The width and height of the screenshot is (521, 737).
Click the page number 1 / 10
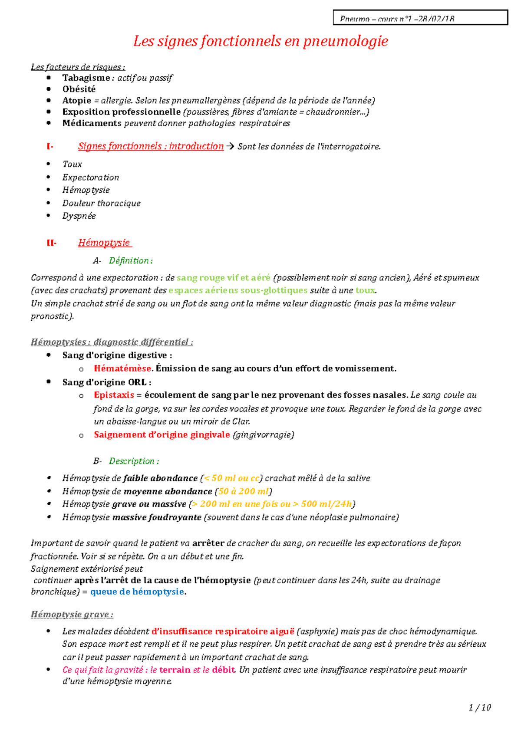(480, 707)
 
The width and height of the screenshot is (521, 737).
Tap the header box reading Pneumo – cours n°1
(420, 18)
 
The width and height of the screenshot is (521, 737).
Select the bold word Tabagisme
(86, 78)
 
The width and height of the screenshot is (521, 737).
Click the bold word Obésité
(79, 89)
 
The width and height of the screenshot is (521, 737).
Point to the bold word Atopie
(76, 100)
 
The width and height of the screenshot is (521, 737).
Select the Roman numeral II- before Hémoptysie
(51, 243)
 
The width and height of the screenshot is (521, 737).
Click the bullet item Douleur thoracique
(101, 203)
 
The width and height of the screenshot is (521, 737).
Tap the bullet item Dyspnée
(79, 216)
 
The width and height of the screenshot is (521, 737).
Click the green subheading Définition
(130, 260)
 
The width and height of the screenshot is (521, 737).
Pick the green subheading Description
(134, 461)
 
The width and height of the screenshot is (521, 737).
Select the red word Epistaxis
(114, 395)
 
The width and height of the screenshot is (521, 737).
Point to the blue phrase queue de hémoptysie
(137, 592)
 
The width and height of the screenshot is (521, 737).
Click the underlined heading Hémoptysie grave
(72, 614)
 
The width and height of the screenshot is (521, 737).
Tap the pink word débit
(224, 670)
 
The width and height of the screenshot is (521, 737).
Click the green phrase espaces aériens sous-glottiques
(238, 290)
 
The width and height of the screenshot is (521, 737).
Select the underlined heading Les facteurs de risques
(77, 67)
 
